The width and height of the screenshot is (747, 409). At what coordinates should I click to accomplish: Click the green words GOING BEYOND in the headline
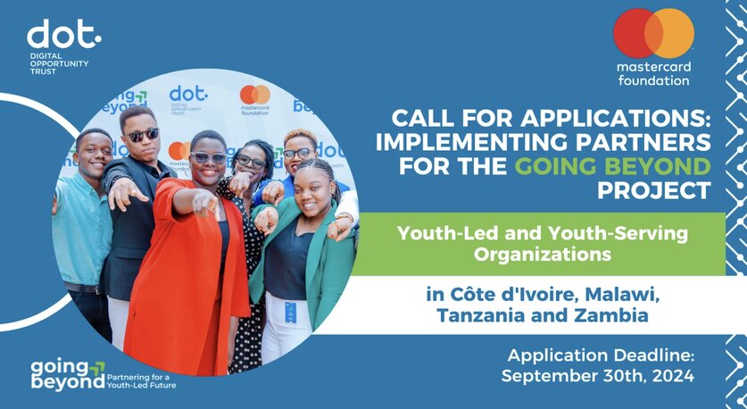click(612, 167)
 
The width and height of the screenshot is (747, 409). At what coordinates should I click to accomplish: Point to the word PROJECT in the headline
click(654, 191)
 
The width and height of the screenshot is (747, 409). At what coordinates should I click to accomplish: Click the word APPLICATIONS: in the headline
click(616, 119)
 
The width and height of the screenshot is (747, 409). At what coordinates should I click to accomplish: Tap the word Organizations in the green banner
click(542, 255)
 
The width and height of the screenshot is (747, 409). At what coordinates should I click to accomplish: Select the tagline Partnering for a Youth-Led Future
click(142, 381)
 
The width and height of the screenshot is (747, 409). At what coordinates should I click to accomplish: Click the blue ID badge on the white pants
click(290, 313)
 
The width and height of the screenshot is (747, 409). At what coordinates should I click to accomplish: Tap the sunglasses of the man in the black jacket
click(143, 136)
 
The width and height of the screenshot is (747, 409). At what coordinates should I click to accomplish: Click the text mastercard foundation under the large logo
click(653, 73)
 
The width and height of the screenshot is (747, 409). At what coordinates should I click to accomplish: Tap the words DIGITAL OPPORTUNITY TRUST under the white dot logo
click(59, 63)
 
